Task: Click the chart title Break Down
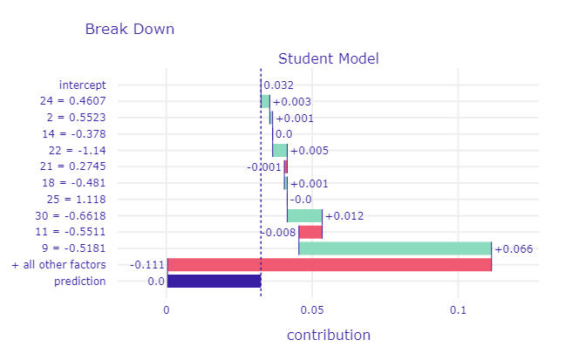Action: tap(129, 29)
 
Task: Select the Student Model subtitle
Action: tap(328, 59)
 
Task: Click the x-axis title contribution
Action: tap(328, 335)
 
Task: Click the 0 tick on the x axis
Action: tap(167, 309)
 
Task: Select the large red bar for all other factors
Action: tap(329, 264)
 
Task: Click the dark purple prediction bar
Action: tap(214, 281)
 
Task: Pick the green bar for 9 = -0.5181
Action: tap(395, 248)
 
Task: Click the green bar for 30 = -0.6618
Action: tap(304, 215)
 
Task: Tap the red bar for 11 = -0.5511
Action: tap(310, 232)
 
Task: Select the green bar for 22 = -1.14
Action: tap(280, 150)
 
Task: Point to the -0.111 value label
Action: tap(146, 265)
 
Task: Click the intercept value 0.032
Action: tap(278, 85)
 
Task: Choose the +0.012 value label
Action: tap(344, 216)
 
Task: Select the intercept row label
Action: tap(82, 85)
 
